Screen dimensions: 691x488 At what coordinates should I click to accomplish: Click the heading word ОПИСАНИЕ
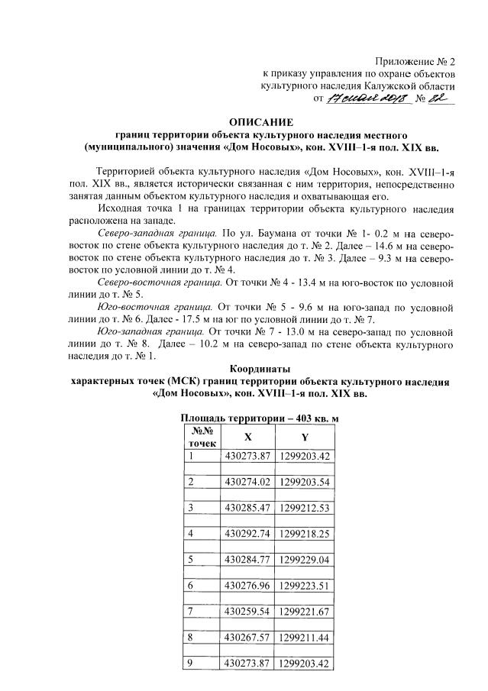[x=260, y=121]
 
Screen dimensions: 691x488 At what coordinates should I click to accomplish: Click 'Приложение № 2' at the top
[x=415, y=61]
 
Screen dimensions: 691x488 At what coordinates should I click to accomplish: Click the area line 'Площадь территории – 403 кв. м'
[x=259, y=418]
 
